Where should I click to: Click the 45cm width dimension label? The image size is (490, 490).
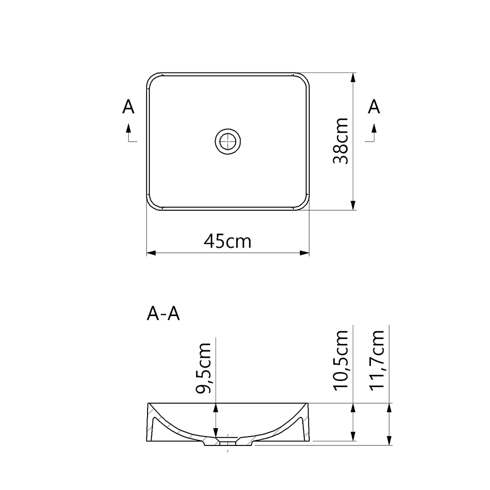coord(228,241)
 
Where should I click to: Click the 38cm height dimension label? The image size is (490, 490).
coord(340,142)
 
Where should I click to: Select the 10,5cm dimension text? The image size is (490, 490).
coord(340,360)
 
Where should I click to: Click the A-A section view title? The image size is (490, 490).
coord(163,314)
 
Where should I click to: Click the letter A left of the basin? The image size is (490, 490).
coord(128,107)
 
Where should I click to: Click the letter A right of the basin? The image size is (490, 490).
coord(374,107)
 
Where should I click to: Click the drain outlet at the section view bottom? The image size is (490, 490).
coord(228,442)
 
